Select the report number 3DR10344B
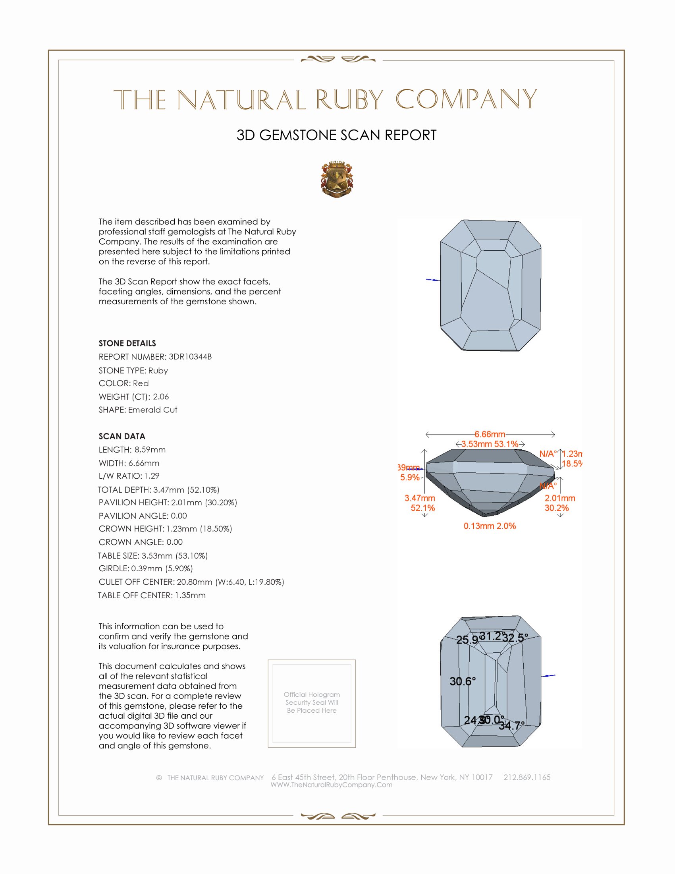pyautogui.click(x=190, y=357)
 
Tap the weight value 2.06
pyautogui.click(x=161, y=396)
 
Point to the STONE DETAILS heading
pyautogui.click(x=127, y=343)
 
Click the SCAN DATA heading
pyautogui.click(x=122, y=436)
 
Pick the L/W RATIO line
pyautogui.click(x=129, y=476)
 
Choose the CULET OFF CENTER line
pyautogui.click(x=191, y=582)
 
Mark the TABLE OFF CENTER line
pyautogui.click(x=152, y=595)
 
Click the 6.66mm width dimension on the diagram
pyautogui.click(x=490, y=434)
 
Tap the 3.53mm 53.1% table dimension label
pyautogui.click(x=490, y=444)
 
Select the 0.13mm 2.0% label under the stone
pyautogui.click(x=490, y=526)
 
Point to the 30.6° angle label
pyautogui.click(x=463, y=681)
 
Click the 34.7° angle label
pyautogui.click(x=511, y=725)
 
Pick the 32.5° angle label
pyautogui.click(x=515, y=638)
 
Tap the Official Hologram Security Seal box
pyautogui.click(x=312, y=703)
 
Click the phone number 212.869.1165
pyautogui.click(x=526, y=777)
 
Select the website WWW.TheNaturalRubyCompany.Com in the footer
pyautogui.click(x=332, y=785)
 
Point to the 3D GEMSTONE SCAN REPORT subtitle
pyautogui.click(x=336, y=135)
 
